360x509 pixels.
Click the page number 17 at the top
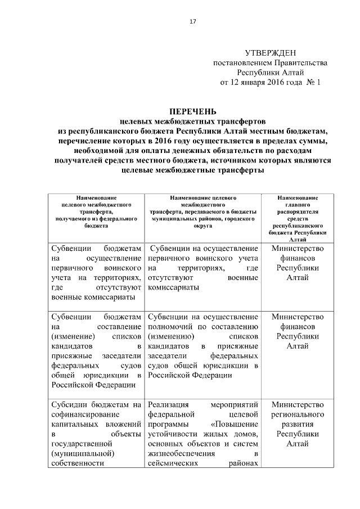pyautogui.click(x=193, y=21)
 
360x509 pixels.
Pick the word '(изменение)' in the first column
pyautogui.click(x=73, y=336)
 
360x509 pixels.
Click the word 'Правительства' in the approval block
pyautogui.click(x=302, y=62)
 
